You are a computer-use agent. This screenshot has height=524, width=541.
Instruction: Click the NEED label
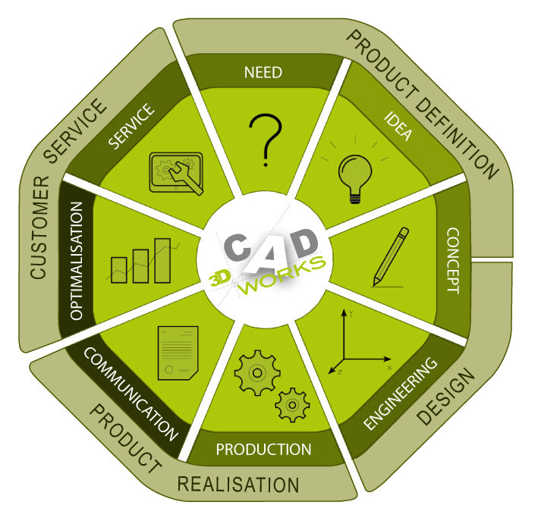coord(263,72)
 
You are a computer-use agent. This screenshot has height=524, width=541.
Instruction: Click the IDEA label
coord(398,126)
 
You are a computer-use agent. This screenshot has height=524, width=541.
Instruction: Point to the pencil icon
coord(391,257)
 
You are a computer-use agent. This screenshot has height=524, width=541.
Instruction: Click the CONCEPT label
coord(453,261)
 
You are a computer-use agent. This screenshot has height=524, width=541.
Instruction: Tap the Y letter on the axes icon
coord(351,314)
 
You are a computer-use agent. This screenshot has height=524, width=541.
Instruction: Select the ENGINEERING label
coord(401,394)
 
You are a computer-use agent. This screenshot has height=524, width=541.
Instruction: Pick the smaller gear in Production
coord(292,405)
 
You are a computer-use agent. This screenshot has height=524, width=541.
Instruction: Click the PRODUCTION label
coord(263,449)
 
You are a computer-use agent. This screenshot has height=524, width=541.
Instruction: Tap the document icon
coord(178,353)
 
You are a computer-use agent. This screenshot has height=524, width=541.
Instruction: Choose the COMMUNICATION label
coord(131,394)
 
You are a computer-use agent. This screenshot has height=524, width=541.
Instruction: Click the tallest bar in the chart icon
coord(162,261)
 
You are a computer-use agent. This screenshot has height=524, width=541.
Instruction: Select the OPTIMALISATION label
coord(76,261)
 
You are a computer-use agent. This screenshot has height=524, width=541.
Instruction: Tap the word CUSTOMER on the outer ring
coord(39,227)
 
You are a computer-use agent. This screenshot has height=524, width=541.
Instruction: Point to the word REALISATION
coord(238,485)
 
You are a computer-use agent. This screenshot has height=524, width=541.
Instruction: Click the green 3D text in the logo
coord(220,278)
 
